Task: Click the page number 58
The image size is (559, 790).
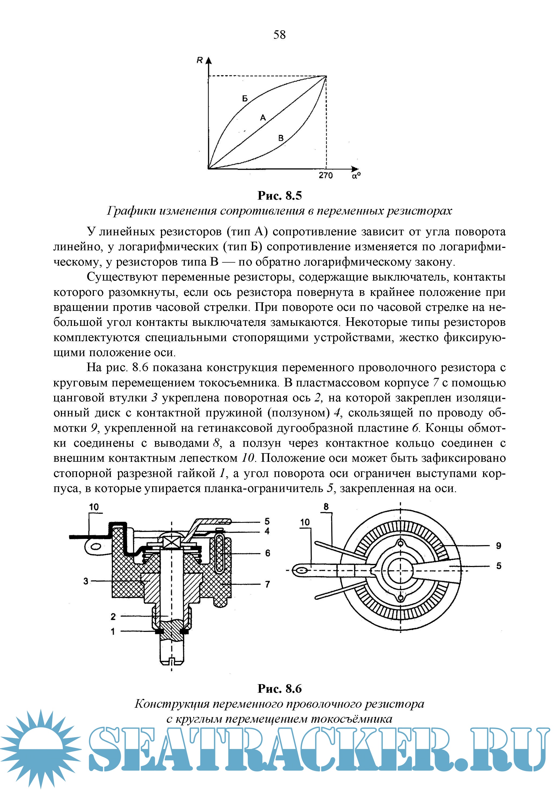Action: [279, 35]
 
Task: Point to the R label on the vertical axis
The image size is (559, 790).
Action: [199, 61]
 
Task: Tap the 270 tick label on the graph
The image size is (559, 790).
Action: [325, 176]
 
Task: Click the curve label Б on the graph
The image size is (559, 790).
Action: [245, 99]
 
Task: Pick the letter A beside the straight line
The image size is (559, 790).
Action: [263, 118]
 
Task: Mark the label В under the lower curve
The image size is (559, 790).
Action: [281, 138]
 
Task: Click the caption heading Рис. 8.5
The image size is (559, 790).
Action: [279, 195]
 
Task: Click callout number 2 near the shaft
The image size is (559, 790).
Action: [113, 617]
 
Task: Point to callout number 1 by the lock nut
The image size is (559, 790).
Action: [113, 632]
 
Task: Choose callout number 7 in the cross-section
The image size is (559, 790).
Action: [267, 584]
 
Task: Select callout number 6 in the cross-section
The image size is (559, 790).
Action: [267, 553]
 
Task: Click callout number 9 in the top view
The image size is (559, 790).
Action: [498, 546]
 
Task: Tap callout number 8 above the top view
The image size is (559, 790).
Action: [326, 507]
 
